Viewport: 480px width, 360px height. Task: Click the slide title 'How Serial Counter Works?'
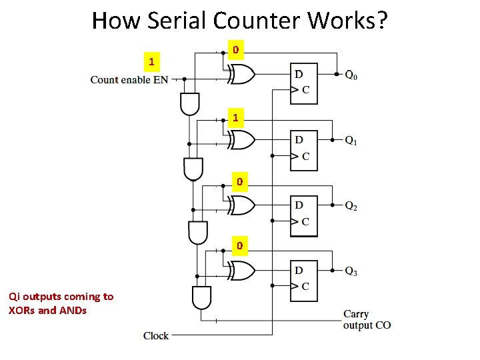[239, 21]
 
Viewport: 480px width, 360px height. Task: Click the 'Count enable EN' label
[129, 80]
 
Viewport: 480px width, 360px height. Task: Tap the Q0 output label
[351, 75]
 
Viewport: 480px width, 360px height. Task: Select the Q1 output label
[351, 141]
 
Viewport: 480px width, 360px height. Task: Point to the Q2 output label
[351, 207]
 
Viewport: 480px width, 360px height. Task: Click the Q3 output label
[351, 271]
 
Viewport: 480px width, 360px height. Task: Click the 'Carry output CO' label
[367, 319]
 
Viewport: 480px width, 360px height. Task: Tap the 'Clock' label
[156, 336]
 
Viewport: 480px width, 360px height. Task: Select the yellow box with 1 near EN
[153, 62]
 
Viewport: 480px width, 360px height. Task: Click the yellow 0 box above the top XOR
[236, 50]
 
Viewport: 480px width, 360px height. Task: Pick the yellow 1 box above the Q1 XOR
[236, 118]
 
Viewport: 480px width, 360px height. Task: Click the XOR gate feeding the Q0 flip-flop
[241, 75]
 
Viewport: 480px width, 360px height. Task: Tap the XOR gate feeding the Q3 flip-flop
[241, 271]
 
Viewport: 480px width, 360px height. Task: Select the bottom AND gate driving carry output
[201, 297]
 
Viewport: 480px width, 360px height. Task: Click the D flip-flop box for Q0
[304, 83]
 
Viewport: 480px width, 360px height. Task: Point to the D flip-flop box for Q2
[304, 215]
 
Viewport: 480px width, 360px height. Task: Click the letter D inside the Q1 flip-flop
[299, 139]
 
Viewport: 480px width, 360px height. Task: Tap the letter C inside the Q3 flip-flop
[305, 287]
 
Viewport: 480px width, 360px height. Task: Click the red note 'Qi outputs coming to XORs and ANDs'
[61, 303]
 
